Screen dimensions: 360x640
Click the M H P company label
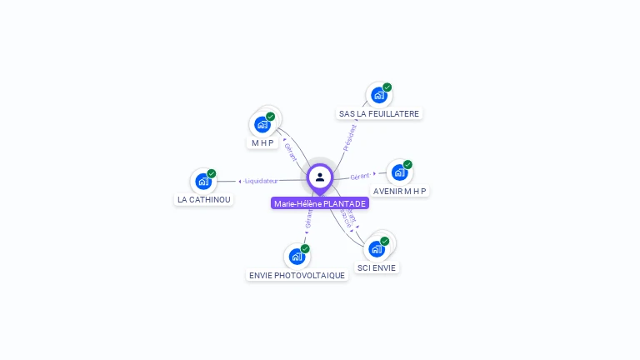263,143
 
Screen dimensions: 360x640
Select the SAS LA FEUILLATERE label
379,113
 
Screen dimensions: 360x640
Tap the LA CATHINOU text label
204,200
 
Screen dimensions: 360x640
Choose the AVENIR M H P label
400,191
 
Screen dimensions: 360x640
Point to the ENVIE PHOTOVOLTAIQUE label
297,275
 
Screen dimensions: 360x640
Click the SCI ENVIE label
377,267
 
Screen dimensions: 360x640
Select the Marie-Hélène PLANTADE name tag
320,203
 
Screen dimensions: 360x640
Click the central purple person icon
320,177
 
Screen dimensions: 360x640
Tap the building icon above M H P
262,124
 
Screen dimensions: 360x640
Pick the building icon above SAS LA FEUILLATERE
379,95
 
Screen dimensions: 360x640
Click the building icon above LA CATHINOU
203,181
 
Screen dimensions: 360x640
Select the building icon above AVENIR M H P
399,172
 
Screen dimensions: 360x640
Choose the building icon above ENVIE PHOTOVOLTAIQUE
297,257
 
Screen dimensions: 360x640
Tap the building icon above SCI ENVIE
377,248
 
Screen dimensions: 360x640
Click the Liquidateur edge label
261,181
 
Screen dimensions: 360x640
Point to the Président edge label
350,137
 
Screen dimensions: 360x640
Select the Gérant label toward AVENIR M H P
360,177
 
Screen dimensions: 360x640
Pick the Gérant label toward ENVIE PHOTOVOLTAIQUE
309,219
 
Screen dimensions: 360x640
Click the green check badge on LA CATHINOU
212,173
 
